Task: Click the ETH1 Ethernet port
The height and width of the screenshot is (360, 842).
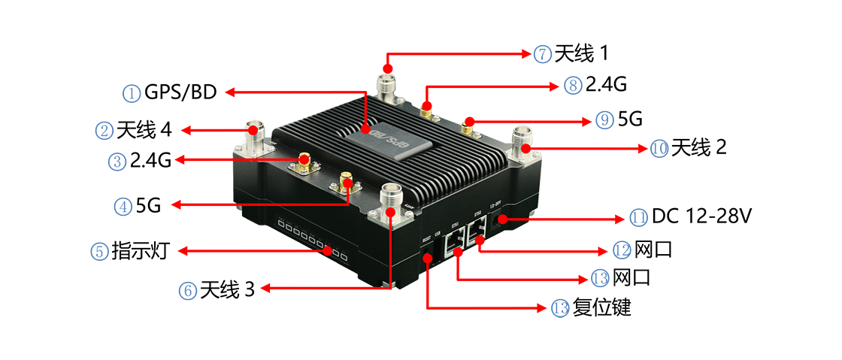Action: pyautogui.click(x=453, y=241)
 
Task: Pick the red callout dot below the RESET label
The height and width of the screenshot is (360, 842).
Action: pyautogui.click(x=429, y=258)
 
